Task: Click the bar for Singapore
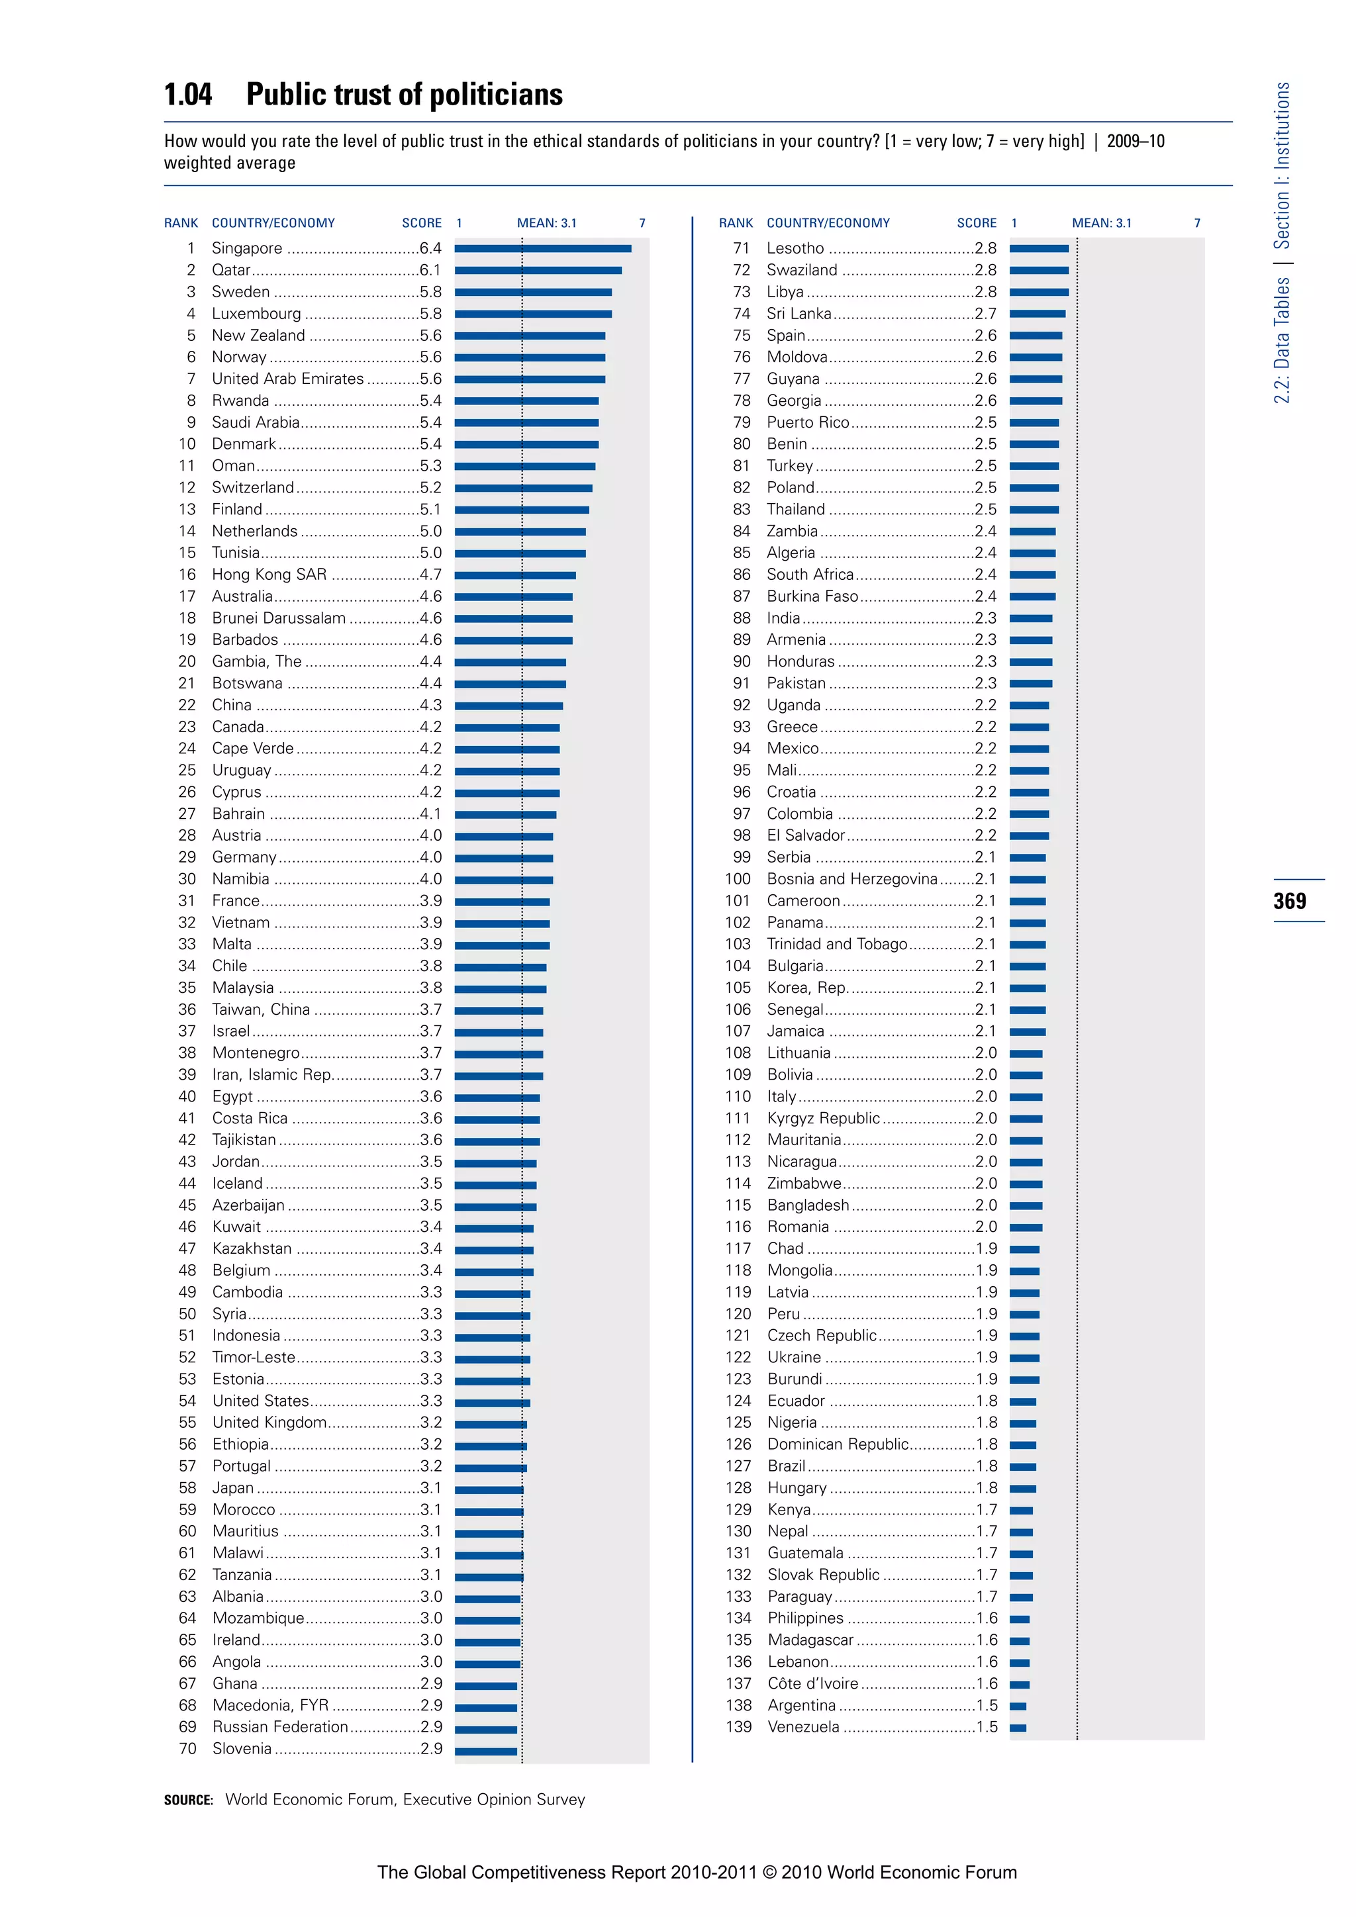tap(543, 249)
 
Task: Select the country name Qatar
tap(231, 269)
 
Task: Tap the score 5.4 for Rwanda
tap(431, 400)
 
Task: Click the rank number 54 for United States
tap(187, 1401)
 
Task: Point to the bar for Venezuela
tap(1018, 1728)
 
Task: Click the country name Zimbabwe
tap(804, 1183)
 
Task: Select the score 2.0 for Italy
tap(986, 1096)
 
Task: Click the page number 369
tap(1290, 901)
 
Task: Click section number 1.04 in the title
tap(188, 95)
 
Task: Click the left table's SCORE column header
tap(422, 223)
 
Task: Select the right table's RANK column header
tap(736, 223)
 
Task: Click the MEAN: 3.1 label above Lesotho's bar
tap(1101, 223)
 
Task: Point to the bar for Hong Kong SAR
tap(515, 575)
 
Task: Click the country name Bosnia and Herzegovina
tap(851, 878)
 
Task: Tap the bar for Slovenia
tap(486, 1751)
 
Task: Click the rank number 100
tap(738, 878)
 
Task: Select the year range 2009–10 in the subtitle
tap(1136, 141)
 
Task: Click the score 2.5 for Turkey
tap(985, 466)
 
